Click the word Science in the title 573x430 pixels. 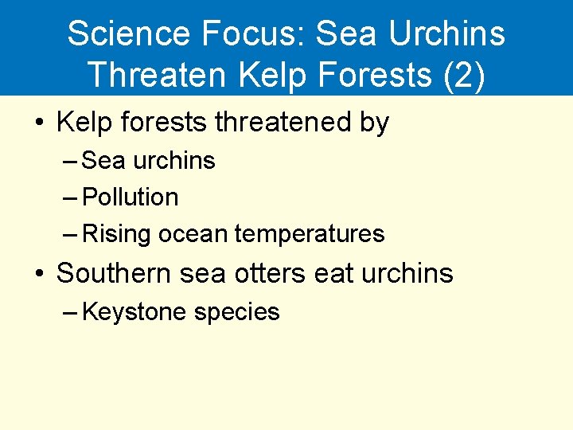pyautogui.click(x=129, y=34)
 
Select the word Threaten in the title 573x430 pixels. pyautogui.click(x=159, y=75)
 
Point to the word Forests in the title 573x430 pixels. pyautogui.click(x=367, y=75)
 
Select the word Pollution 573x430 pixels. pyautogui.click(x=131, y=197)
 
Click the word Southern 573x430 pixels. pyautogui.click(x=115, y=273)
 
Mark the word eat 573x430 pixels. pyautogui.click(x=334, y=273)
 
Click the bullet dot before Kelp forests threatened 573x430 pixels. pyautogui.click(x=37, y=123)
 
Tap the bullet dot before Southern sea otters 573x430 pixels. pyautogui.click(x=37, y=274)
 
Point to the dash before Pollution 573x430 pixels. pyautogui.click(x=69, y=197)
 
